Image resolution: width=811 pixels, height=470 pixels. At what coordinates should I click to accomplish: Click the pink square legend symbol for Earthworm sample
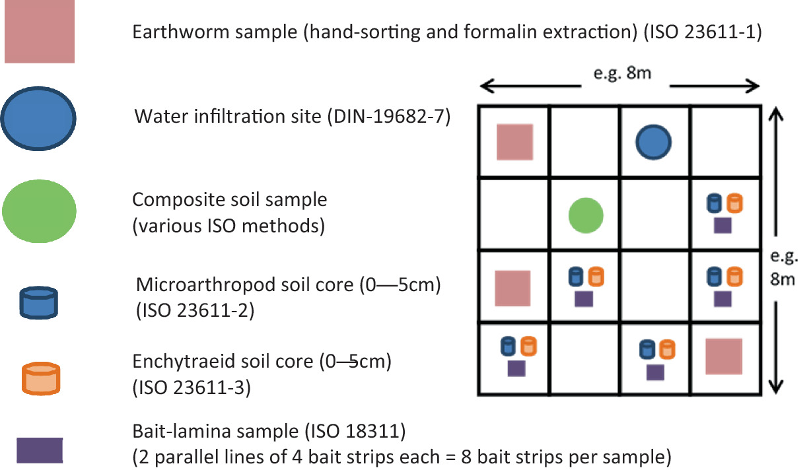39,31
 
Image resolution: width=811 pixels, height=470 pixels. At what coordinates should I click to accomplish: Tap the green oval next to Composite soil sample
39,210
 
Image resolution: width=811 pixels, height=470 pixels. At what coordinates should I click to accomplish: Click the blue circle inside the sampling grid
654,143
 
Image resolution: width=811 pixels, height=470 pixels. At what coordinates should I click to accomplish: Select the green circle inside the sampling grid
586,215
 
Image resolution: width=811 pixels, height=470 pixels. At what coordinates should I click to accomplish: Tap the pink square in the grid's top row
514,142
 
